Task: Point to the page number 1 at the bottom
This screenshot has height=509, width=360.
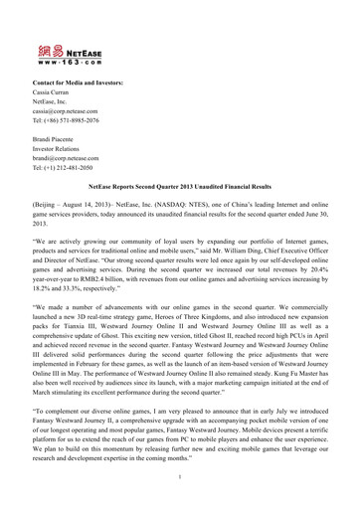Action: pos(180,488)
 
